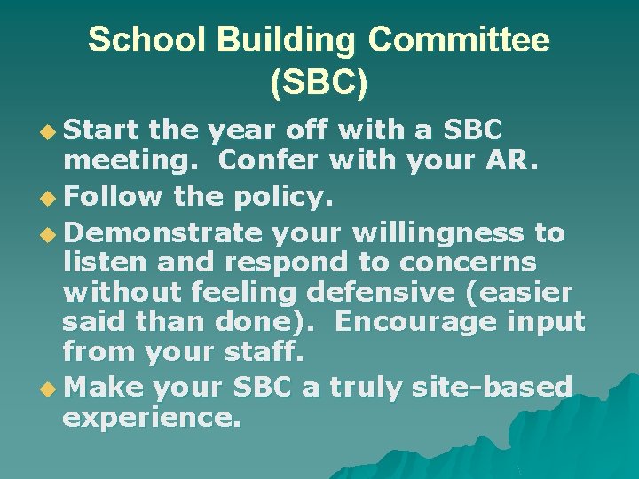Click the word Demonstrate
164,233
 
